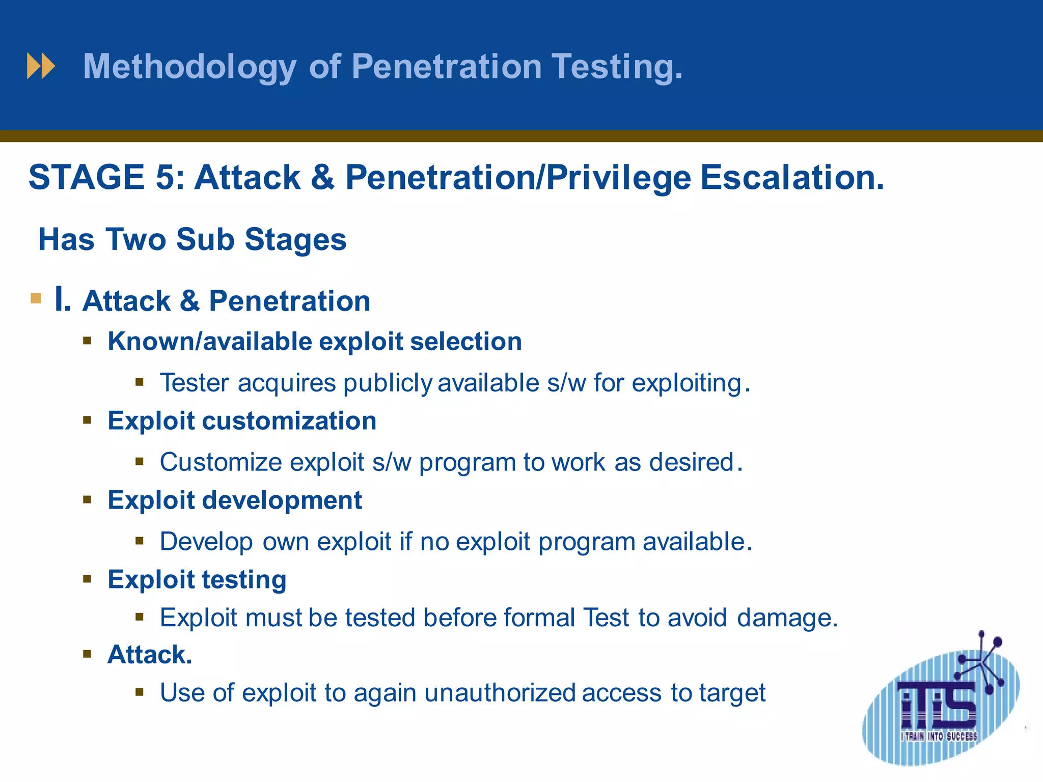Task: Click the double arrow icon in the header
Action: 41,66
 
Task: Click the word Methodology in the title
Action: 189,67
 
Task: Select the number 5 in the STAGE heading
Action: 166,177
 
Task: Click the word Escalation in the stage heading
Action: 791,177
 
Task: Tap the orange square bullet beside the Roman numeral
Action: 36,298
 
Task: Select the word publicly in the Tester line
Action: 388,383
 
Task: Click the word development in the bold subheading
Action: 282,500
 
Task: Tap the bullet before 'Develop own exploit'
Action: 140,541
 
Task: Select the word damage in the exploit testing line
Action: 786,618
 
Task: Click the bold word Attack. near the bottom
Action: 150,655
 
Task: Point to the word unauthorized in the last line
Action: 500,692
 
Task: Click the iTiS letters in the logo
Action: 937,705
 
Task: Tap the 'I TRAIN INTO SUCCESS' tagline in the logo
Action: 939,736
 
